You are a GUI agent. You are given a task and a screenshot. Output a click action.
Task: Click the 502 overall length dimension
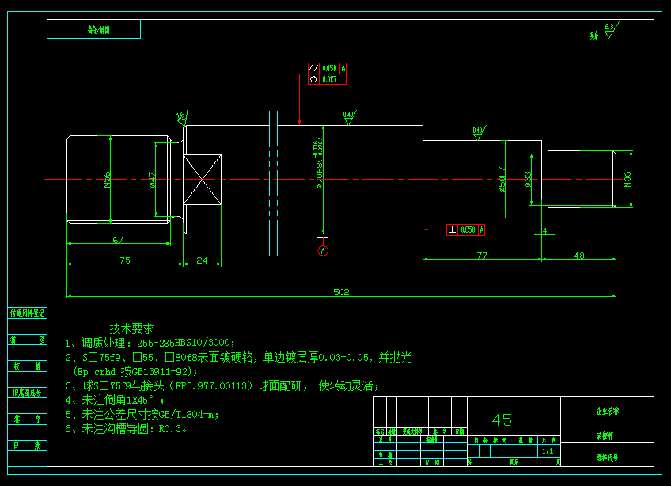pyautogui.click(x=341, y=292)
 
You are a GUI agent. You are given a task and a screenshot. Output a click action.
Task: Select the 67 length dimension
pyautogui.click(x=118, y=239)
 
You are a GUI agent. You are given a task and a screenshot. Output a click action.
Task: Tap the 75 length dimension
pyautogui.click(x=124, y=260)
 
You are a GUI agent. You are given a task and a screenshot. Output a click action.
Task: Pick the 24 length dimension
pyautogui.click(x=202, y=260)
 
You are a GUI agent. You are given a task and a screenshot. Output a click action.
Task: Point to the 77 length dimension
pyautogui.click(x=482, y=255)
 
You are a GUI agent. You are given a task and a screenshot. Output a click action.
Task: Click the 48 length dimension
pyautogui.click(x=578, y=255)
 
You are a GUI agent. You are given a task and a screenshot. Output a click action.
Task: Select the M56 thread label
pyautogui.click(x=107, y=180)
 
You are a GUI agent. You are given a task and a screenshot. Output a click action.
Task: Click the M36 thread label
pyautogui.click(x=627, y=180)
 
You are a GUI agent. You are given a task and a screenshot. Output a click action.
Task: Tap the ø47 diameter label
pyautogui.click(x=152, y=180)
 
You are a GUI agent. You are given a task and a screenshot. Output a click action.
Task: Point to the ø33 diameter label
pyautogui.click(x=528, y=179)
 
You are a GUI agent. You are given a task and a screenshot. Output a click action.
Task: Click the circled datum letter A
pyautogui.click(x=323, y=251)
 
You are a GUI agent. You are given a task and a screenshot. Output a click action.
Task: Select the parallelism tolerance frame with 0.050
pyautogui.click(x=327, y=69)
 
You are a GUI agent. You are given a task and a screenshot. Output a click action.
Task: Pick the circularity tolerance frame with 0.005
pyautogui.click(x=327, y=79)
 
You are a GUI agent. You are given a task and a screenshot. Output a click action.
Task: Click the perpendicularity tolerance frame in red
pyautogui.click(x=465, y=230)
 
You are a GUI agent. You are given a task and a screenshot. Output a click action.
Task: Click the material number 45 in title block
pyautogui.click(x=502, y=420)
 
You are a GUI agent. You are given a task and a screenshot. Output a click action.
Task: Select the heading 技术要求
pyautogui.click(x=131, y=328)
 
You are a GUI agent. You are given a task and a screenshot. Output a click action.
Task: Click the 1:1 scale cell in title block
pyautogui.click(x=547, y=451)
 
